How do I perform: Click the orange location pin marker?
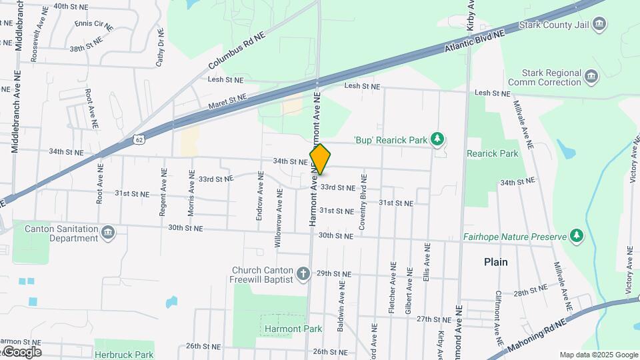(x=320, y=159)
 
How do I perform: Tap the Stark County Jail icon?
(x=600, y=25)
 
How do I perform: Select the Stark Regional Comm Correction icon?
(x=591, y=77)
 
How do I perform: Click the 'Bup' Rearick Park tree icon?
(x=437, y=139)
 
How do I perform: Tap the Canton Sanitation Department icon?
(x=108, y=233)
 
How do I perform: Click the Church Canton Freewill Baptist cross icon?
(x=303, y=273)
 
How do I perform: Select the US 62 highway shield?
(x=138, y=139)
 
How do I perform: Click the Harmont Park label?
(x=293, y=329)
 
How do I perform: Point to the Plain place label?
(x=495, y=262)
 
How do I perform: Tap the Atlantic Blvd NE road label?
(x=478, y=40)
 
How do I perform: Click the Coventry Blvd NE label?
(x=363, y=203)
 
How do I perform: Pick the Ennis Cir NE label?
(x=93, y=25)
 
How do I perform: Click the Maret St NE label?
(x=227, y=101)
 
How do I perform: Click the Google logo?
(x=22, y=352)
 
